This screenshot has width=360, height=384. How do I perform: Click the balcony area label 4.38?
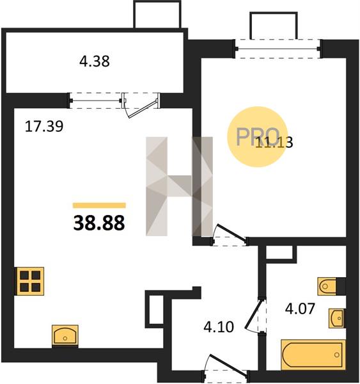pyautogui.click(x=95, y=61)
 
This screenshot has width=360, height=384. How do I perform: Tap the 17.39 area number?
pyautogui.click(x=44, y=127)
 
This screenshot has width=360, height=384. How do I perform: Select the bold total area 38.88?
pyautogui.click(x=99, y=223)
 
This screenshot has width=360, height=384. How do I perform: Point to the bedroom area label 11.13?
pyautogui.click(x=274, y=142)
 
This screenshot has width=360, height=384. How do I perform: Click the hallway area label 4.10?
pyautogui.click(x=219, y=327)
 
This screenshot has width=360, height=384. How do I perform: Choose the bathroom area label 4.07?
pyautogui.click(x=300, y=308)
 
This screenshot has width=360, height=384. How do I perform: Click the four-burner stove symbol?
pyautogui.click(x=30, y=281)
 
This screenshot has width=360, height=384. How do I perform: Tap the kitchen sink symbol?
pyautogui.click(x=65, y=336)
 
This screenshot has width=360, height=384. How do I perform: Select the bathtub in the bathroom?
pyautogui.click(x=313, y=355)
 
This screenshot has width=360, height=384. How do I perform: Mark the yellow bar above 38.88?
pyautogui.click(x=99, y=205)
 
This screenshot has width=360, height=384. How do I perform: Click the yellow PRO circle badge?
pyautogui.click(x=257, y=137)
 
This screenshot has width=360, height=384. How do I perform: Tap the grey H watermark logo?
pyautogui.click(x=179, y=186)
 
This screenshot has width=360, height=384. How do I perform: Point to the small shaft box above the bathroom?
pyautogui.click(x=279, y=253)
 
